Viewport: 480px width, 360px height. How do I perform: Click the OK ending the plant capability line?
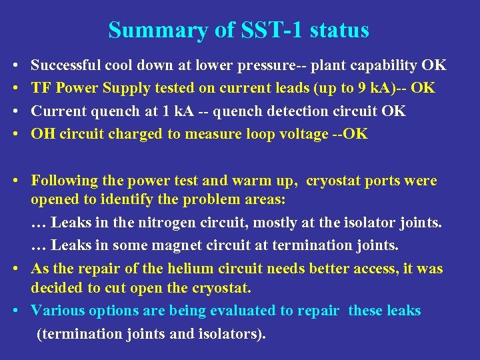click(434, 65)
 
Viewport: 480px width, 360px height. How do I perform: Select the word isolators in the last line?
click(227, 333)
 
